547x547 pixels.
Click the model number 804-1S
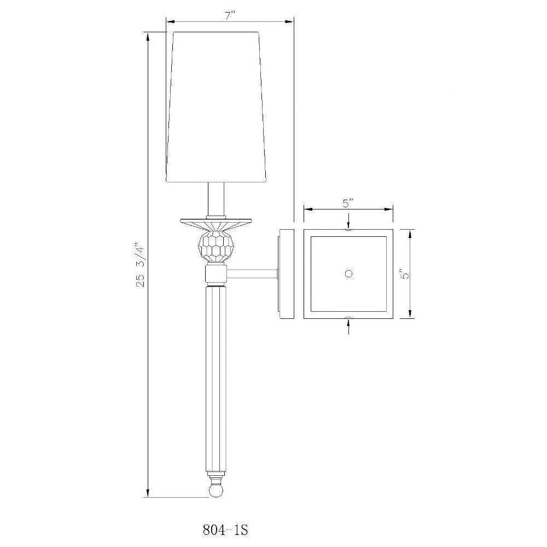point(225,530)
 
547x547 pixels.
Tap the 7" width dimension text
point(230,15)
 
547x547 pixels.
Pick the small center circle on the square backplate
point(348,273)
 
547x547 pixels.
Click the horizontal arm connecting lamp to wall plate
point(252,274)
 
